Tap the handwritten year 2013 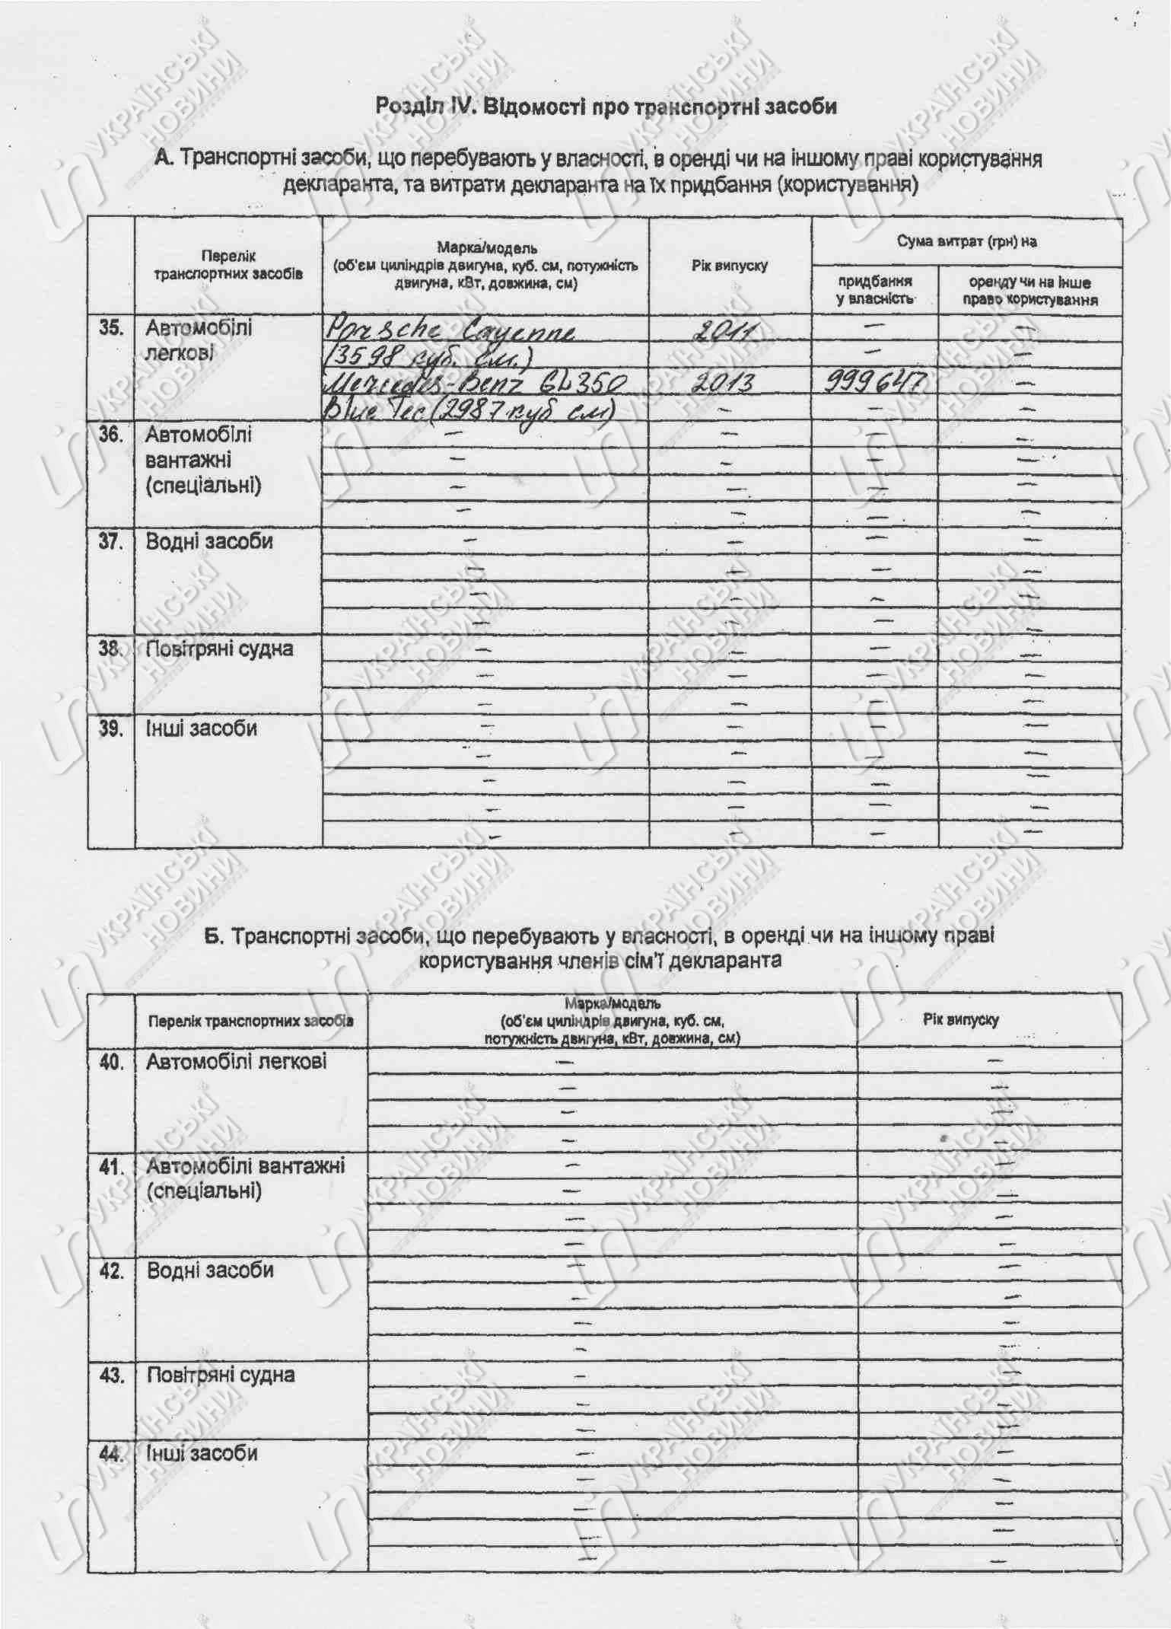(x=721, y=382)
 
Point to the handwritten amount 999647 (x=876, y=382)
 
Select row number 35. (x=111, y=328)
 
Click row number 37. (x=111, y=542)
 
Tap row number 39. (x=111, y=728)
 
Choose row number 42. (x=111, y=1270)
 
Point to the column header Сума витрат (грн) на (x=966, y=242)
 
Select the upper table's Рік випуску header (x=730, y=266)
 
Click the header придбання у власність (x=875, y=290)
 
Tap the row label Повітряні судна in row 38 (x=219, y=649)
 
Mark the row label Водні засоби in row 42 (x=210, y=1270)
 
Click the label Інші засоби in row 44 (x=202, y=1453)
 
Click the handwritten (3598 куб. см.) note (x=429, y=356)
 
